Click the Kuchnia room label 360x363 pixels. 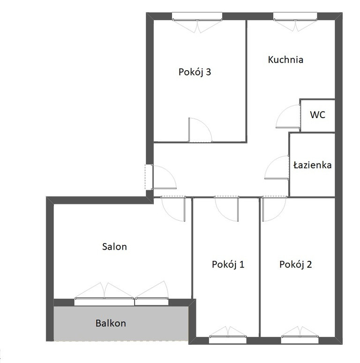285,59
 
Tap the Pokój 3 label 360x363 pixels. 195,72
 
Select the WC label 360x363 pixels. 317,115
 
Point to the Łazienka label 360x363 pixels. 312,165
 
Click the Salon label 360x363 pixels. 114,246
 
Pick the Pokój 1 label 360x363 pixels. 228,264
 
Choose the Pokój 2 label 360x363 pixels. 296,264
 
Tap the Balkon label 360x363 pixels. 111,323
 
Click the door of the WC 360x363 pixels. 288,116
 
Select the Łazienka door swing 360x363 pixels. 277,167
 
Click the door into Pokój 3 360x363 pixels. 200,130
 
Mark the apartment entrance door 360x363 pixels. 164,177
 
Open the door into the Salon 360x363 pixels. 173,209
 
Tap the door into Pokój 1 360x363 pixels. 226,209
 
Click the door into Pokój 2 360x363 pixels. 274,209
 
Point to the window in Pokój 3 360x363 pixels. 197,22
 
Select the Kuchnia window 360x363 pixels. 295,22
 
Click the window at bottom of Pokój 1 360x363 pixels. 228,335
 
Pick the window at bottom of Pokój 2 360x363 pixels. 300,335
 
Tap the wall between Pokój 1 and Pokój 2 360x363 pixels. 260,267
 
